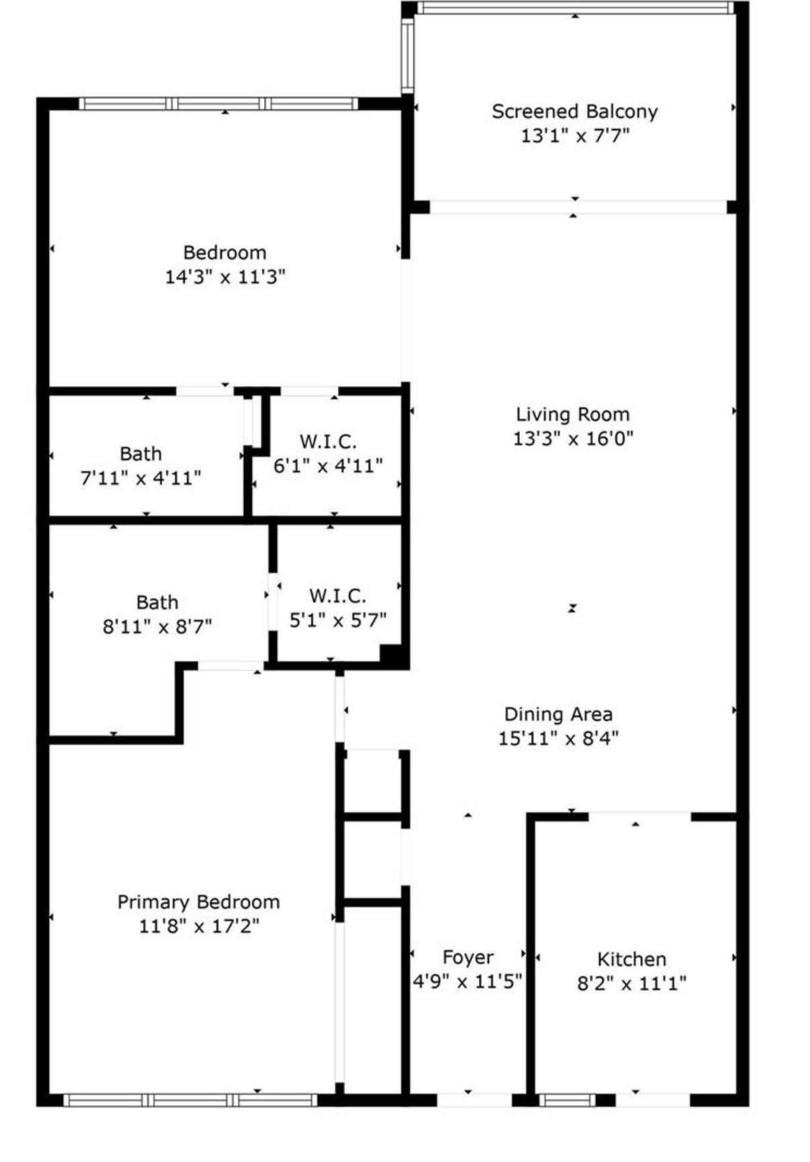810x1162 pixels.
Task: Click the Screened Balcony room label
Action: pyautogui.click(x=574, y=111)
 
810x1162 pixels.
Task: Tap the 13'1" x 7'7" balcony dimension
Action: pyautogui.click(x=575, y=136)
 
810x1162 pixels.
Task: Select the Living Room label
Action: pyautogui.click(x=573, y=414)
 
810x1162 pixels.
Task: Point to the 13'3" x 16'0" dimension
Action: pyautogui.click(x=574, y=439)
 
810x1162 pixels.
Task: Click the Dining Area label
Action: pyautogui.click(x=558, y=714)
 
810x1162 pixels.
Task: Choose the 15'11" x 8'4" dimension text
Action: pyautogui.click(x=558, y=738)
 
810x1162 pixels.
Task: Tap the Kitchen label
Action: pyautogui.click(x=632, y=959)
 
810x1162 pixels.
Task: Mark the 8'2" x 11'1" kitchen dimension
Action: pyautogui.click(x=632, y=983)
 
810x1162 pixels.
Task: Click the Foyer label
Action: pyautogui.click(x=467, y=957)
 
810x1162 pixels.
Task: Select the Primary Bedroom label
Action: pyautogui.click(x=199, y=902)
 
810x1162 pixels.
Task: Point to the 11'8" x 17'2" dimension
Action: pyautogui.click(x=199, y=926)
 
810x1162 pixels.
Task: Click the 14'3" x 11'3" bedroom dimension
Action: pyautogui.click(x=225, y=277)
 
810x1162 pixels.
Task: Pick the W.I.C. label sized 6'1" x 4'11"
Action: pyautogui.click(x=328, y=441)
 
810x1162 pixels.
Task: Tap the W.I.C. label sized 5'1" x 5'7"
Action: pyautogui.click(x=338, y=596)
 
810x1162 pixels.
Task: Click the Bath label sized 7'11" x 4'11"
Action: pyautogui.click(x=140, y=454)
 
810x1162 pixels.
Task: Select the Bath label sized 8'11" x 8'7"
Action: pyautogui.click(x=157, y=602)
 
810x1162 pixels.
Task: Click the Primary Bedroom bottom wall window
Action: pyautogui.click(x=191, y=1100)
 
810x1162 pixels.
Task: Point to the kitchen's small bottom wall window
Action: pyautogui.click(x=568, y=1100)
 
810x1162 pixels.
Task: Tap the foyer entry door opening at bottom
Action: pyautogui.click(x=474, y=1100)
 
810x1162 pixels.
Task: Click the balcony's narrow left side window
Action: pyautogui.click(x=407, y=53)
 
